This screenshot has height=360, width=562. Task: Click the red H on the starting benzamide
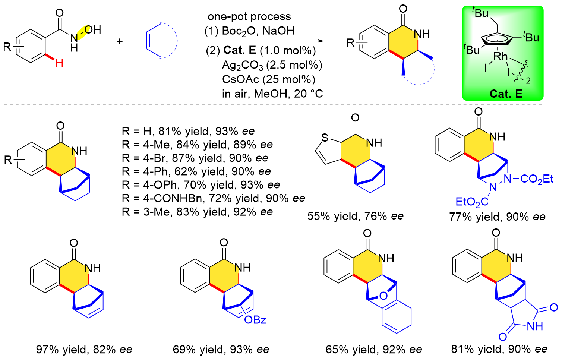point(59,63)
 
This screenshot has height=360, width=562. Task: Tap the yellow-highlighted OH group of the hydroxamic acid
point(92,30)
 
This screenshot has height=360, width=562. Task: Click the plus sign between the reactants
point(120,41)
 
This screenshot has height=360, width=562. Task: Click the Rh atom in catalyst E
point(500,56)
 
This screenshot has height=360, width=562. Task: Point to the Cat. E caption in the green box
point(506,94)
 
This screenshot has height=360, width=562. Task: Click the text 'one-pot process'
point(249,16)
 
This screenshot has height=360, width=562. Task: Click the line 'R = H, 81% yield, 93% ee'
point(188,131)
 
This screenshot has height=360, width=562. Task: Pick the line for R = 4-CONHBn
point(213,198)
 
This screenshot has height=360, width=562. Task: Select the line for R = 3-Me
point(197,212)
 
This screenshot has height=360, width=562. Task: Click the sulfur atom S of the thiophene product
point(325,138)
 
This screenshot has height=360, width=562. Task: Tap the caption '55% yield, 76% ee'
point(355,216)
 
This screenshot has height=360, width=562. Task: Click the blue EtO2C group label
point(472,202)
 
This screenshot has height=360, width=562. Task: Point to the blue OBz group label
point(255,320)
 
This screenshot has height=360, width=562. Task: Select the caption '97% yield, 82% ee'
point(84,350)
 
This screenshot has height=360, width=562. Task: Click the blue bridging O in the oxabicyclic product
point(383,296)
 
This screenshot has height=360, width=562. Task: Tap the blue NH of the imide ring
point(534,327)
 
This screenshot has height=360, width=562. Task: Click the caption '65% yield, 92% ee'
point(374,350)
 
